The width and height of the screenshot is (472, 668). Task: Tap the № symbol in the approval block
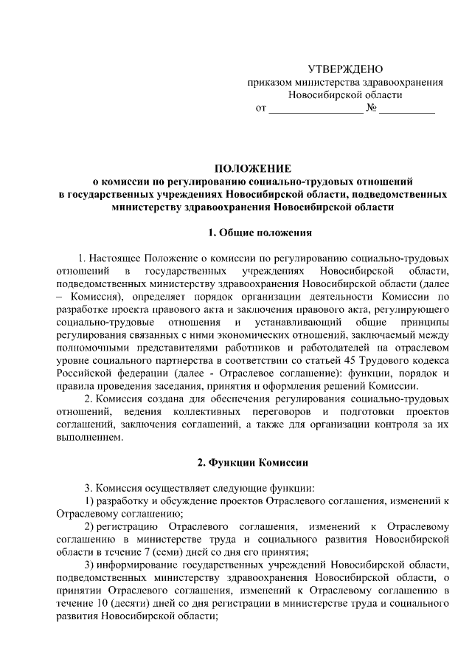click(372, 109)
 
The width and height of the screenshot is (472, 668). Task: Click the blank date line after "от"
click(315, 111)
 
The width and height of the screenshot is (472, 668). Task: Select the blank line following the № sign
click(408, 111)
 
